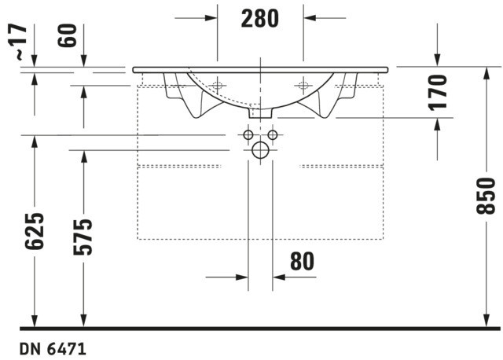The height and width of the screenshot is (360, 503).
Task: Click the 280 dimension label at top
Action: pos(260,19)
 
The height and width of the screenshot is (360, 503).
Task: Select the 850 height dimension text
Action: pos(486,196)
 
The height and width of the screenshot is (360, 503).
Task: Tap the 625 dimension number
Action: pos(35,231)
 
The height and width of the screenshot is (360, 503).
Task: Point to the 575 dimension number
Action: pos(83,237)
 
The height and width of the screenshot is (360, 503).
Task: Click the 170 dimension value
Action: pos(438,93)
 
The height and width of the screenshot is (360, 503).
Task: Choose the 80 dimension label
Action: pos(302,261)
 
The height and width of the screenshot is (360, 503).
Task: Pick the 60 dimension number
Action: pos(68,35)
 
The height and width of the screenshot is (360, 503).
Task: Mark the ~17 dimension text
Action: pos(19,42)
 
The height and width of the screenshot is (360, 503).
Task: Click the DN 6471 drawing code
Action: pos(53,349)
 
